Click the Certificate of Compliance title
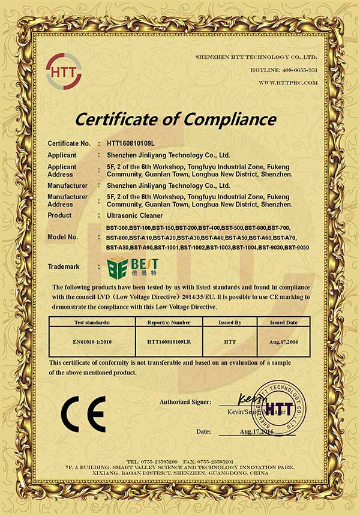[175, 119]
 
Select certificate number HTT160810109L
[130, 143]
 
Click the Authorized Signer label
[185, 401]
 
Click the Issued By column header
[230, 322]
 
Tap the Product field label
[59, 215]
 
